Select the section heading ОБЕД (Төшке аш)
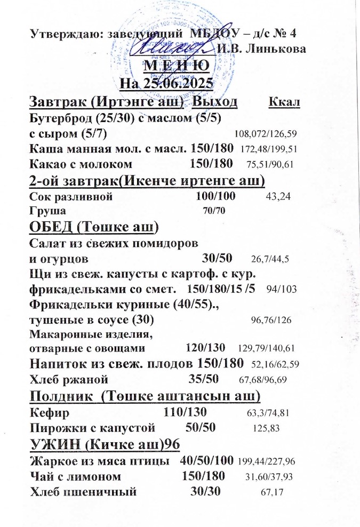(x=94, y=227)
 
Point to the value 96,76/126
(x=271, y=321)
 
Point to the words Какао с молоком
(x=81, y=163)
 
